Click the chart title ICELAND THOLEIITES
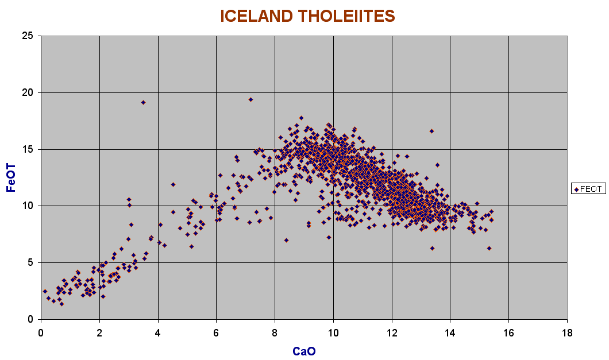point(307,16)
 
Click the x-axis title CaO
point(304,351)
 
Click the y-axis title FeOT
point(11,178)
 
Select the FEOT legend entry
point(588,189)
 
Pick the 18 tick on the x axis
point(567,333)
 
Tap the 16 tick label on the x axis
point(508,333)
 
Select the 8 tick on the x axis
point(275,333)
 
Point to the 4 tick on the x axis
point(158,333)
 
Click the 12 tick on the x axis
point(392,333)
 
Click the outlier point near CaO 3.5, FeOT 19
point(143,103)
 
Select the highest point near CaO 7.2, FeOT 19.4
point(251,100)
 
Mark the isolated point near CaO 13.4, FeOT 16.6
point(431,131)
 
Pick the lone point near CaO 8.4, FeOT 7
point(286,241)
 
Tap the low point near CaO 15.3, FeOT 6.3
point(489,248)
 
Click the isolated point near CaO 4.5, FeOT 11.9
point(174,184)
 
